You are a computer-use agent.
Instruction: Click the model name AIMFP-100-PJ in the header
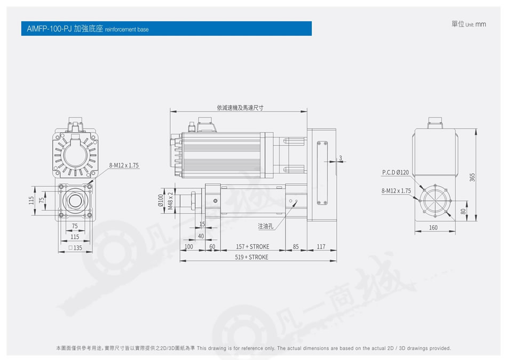point(49,29)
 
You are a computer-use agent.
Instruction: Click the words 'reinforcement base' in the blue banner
point(127,29)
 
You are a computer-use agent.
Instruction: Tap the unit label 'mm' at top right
point(480,24)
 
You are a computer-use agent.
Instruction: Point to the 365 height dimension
point(472,177)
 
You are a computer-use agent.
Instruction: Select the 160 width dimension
point(433,228)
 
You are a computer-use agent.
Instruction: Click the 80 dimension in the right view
point(463,211)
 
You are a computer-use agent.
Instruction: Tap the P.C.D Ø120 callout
point(395,172)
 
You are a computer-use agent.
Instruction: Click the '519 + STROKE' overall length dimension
point(251,257)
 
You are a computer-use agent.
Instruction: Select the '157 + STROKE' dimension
point(252,246)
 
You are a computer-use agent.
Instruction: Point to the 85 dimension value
point(296,246)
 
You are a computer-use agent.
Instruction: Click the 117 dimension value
point(321,246)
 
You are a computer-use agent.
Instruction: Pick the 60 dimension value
point(212,246)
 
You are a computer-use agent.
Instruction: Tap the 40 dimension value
point(201,236)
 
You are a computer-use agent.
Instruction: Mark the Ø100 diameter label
point(161,201)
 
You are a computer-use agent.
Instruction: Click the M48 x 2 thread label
point(170,201)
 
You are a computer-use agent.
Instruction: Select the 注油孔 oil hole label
point(265,226)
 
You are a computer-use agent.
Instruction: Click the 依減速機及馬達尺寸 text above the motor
point(240,108)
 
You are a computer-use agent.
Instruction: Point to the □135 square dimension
point(75,248)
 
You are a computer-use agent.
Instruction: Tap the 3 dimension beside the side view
point(340,158)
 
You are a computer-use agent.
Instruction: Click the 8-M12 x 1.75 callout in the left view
point(124,165)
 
